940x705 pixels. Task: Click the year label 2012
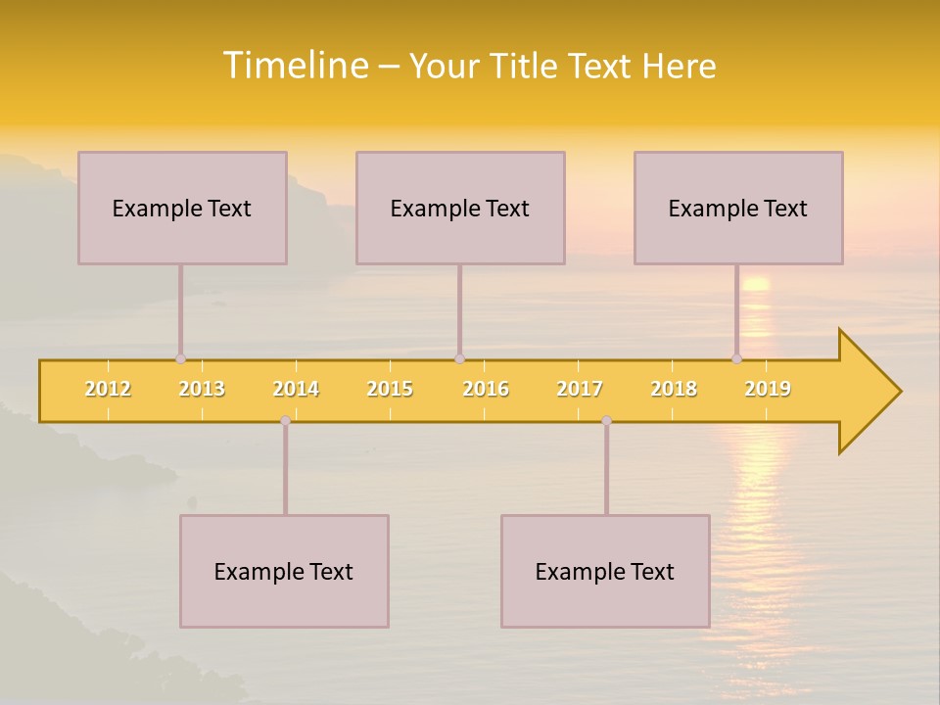tap(108, 389)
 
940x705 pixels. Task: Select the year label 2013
tap(202, 389)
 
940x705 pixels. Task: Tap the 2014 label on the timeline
tap(296, 389)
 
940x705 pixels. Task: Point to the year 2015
tap(390, 389)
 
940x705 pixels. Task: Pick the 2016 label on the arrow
tap(486, 389)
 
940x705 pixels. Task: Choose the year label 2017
tap(580, 389)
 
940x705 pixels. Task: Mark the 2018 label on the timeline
tap(674, 389)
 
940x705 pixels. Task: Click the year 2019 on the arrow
tap(768, 389)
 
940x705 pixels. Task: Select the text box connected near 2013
tap(182, 208)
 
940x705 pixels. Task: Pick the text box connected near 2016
tap(460, 208)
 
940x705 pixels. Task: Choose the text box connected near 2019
tap(738, 208)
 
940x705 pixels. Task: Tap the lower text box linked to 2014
tap(284, 571)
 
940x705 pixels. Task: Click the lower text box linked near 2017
tap(605, 571)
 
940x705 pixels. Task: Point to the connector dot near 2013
tap(180, 358)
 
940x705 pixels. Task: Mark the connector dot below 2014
tap(285, 420)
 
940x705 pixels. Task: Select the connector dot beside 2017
tap(606, 420)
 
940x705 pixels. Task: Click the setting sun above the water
tap(755, 284)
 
